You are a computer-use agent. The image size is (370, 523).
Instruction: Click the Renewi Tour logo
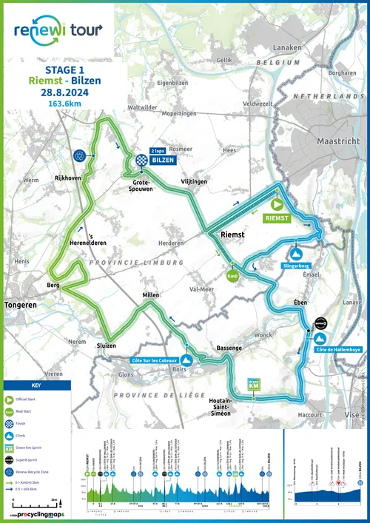point(58,30)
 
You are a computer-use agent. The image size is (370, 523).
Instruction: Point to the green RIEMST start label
point(278,218)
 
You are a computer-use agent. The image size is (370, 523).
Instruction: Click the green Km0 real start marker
point(232,277)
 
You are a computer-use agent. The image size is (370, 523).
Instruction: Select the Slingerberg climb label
point(296,265)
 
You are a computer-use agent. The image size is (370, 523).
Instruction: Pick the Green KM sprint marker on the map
point(253,385)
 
